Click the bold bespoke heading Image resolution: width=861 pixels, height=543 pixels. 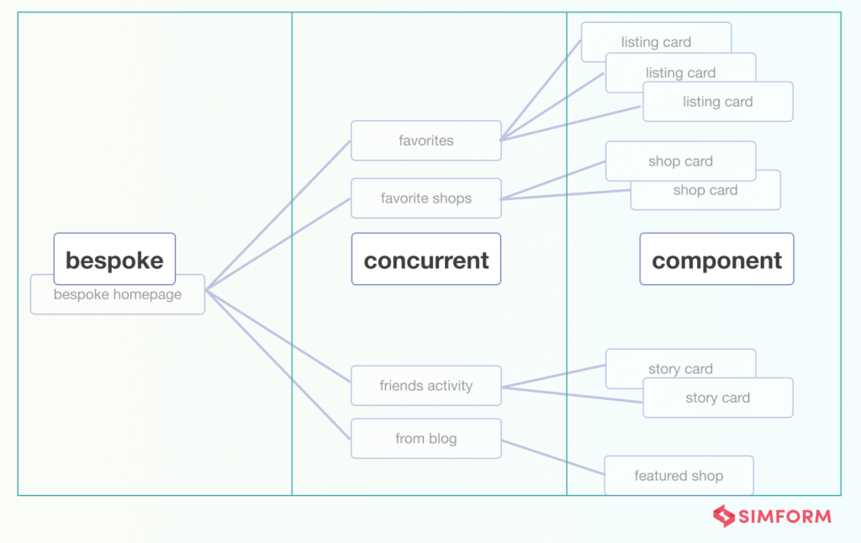point(114,260)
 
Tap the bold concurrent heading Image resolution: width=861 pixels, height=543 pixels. point(425,260)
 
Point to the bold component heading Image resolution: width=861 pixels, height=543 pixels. point(716,260)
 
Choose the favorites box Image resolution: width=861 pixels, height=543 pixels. point(425,140)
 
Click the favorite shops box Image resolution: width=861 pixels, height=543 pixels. point(425,198)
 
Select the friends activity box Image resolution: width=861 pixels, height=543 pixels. point(425,386)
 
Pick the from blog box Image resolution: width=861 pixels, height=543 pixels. point(425,438)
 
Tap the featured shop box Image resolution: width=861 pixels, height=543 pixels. point(679,476)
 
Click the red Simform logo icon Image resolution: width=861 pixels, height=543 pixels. point(723,515)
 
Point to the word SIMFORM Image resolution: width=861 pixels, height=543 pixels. point(785,516)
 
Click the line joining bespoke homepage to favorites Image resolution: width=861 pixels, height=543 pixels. point(277,215)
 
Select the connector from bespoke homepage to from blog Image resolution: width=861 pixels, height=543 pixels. point(277,364)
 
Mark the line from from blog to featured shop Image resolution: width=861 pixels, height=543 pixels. point(552,456)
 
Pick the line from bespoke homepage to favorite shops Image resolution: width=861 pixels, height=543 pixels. point(277,244)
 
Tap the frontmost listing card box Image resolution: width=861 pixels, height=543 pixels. point(717,103)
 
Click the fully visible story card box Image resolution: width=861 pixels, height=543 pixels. point(717,398)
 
